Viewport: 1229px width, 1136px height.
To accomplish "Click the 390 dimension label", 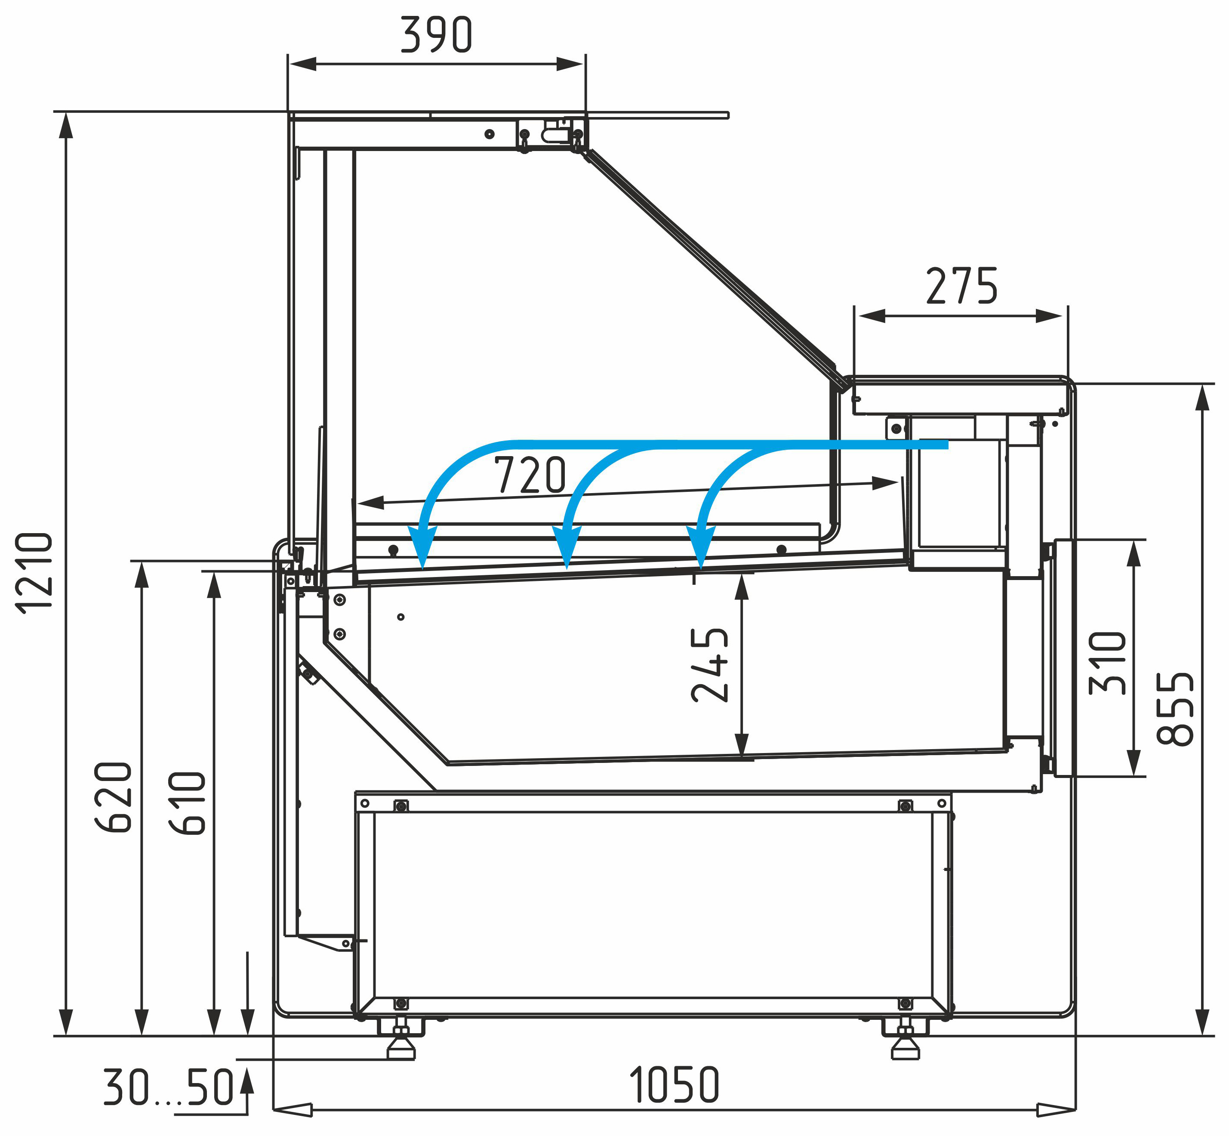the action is (x=436, y=35).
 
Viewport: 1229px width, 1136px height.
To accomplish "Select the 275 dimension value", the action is (x=962, y=286).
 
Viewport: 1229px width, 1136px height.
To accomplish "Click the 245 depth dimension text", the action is (x=710, y=665).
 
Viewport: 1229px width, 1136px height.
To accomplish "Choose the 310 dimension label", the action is (x=1107, y=663).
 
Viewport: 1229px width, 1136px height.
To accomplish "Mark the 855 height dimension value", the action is (x=1175, y=709).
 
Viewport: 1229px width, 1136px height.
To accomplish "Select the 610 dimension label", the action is (x=187, y=803).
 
